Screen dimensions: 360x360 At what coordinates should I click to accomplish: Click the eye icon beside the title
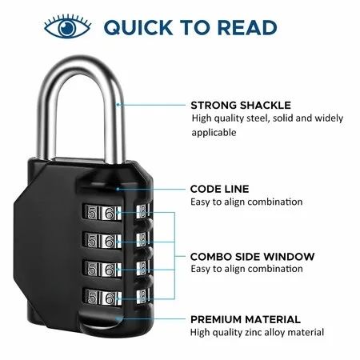pos(67,26)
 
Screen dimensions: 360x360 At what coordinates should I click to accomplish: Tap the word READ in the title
pos(247,27)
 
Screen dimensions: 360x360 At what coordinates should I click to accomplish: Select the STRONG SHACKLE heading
pos(241,105)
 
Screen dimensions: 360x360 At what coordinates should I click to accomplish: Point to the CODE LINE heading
pos(219,189)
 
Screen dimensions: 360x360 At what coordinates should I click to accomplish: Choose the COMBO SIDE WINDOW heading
pos(252,257)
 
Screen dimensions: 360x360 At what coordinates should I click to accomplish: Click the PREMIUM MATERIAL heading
pos(246,319)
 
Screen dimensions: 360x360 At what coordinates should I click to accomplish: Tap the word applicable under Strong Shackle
pos(214,133)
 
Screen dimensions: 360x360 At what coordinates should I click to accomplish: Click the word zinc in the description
pos(253,332)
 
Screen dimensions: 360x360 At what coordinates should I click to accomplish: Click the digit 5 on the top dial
pos(91,213)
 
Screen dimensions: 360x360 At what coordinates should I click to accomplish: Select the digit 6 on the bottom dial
pos(110,298)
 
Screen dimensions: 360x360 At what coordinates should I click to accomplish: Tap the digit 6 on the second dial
pos(110,241)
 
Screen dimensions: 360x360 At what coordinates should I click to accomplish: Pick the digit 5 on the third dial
pos(91,270)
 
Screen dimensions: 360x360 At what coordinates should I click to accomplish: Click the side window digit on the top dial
pos(143,210)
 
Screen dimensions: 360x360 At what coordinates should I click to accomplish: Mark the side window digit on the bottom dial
pos(143,296)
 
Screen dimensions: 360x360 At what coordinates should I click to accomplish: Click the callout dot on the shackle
pos(118,105)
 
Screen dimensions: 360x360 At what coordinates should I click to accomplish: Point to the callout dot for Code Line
pos(118,189)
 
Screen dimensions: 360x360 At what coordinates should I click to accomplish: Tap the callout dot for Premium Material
pos(117,318)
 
